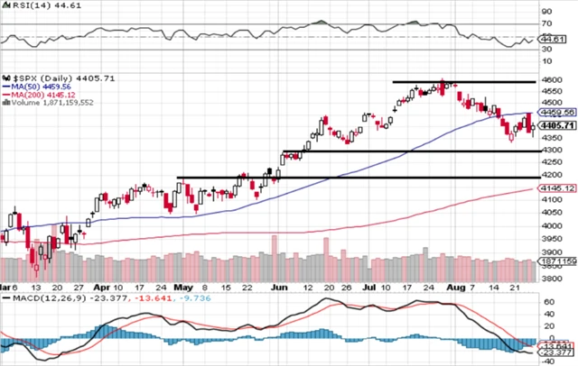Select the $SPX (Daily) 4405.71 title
(43, 79)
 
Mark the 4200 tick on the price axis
(549, 173)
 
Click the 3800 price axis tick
(549, 280)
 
